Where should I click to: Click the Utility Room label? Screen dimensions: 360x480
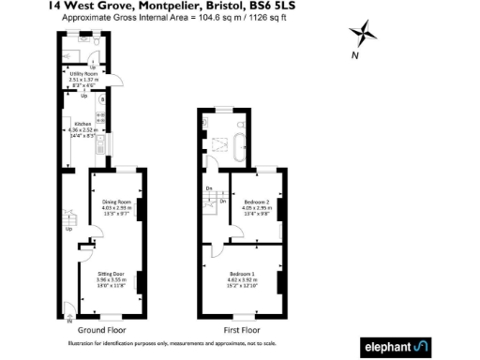tap(82, 73)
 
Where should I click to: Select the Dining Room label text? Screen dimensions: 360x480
tap(117, 202)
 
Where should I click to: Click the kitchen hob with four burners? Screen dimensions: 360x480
tap(100, 118)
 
